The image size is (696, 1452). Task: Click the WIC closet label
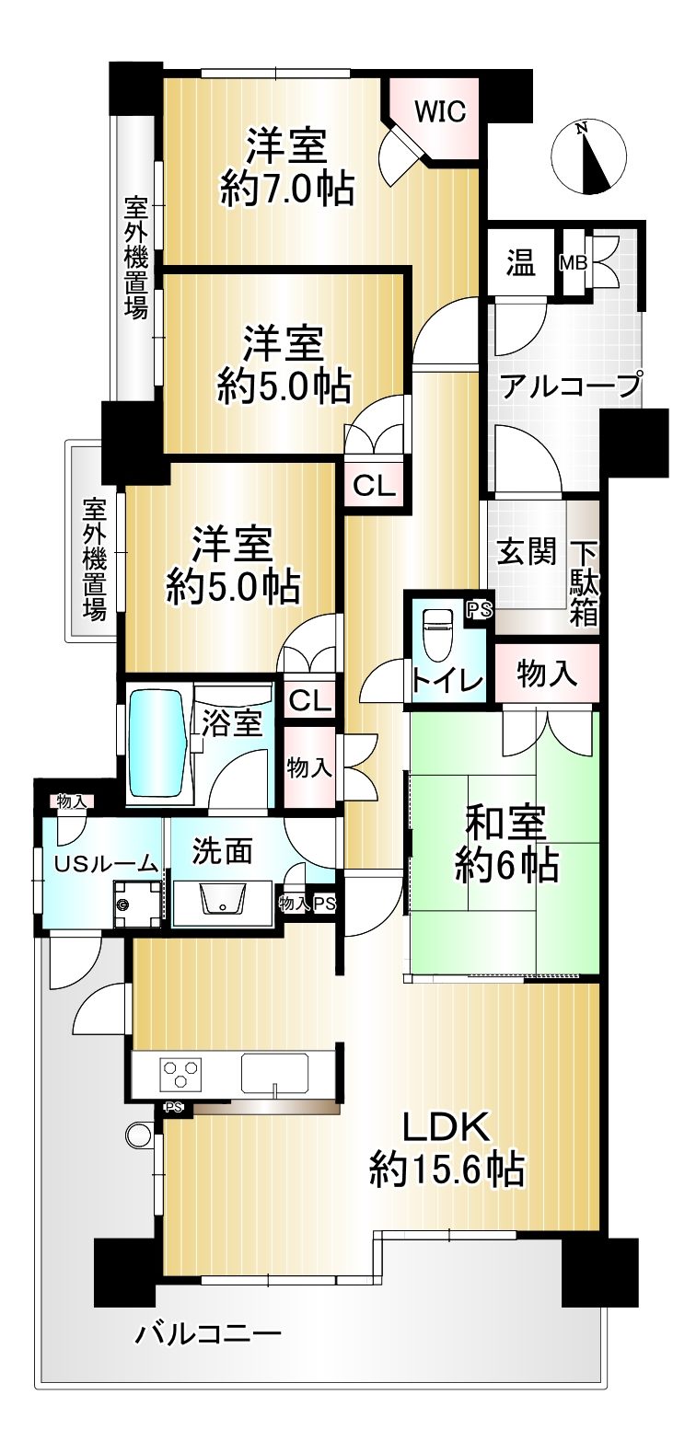coord(440,112)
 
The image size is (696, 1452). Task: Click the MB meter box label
coord(574,263)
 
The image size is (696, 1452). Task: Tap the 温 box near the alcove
coord(520,262)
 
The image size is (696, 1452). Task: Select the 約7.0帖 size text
coord(287,190)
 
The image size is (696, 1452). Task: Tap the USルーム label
coord(106,863)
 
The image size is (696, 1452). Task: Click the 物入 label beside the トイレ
coord(547,674)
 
